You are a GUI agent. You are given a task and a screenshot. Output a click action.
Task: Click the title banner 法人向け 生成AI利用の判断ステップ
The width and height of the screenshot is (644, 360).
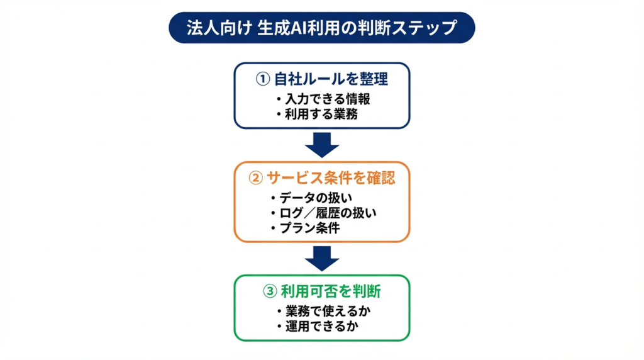point(321,28)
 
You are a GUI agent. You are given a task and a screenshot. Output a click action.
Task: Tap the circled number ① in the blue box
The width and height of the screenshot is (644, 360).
point(262,79)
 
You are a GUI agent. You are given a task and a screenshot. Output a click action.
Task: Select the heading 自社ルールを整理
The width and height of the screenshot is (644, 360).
point(331,79)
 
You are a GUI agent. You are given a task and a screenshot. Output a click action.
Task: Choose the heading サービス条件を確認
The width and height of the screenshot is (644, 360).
point(331,178)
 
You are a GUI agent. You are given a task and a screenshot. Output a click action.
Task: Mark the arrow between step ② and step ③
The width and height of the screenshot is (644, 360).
point(321,257)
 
